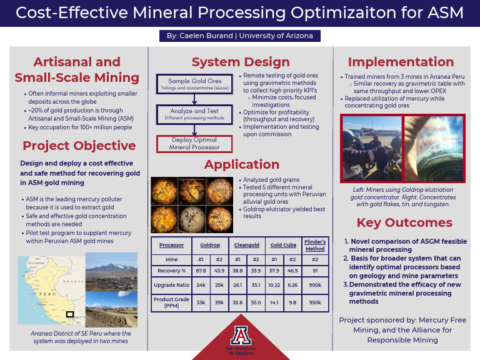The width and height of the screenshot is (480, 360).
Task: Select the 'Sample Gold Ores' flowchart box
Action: tap(194, 84)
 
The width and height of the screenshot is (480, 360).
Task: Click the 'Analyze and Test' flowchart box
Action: tap(194, 114)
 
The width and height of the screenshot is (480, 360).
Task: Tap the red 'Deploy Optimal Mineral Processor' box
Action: tap(194, 144)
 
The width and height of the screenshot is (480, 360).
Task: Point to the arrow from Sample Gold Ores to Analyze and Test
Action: tap(194, 99)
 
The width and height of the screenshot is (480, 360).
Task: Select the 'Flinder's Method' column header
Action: tap(314, 245)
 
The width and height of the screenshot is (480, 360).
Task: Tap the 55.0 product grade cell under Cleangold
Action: tap(255, 302)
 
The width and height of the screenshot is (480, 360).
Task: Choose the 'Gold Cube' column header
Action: tap(283, 245)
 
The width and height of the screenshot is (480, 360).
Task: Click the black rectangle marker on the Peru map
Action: tap(70, 314)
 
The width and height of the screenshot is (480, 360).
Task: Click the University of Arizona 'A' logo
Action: tap(240, 334)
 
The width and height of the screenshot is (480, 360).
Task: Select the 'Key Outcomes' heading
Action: tap(404, 223)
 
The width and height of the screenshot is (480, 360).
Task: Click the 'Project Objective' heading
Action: tap(79, 146)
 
